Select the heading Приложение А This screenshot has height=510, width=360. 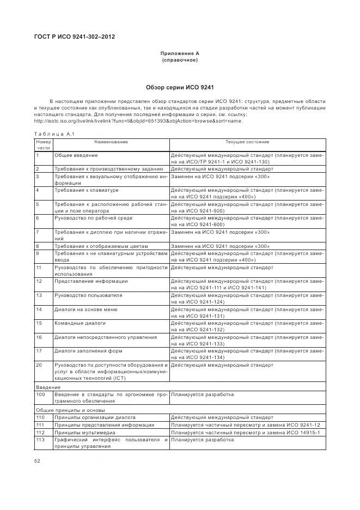(180, 53)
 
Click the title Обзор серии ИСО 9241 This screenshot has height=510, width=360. (180, 87)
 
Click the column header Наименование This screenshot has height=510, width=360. (111, 142)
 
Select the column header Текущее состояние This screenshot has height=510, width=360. (247, 142)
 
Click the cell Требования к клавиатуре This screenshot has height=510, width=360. (87, 190)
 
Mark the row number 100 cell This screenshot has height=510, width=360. (41, 393)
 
